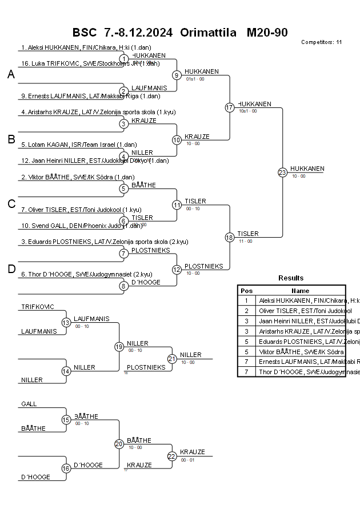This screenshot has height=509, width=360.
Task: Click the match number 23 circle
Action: tap(282, 172)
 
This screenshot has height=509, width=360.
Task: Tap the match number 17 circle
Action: tap(230, 107)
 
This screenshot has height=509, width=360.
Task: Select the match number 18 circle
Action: tap(230, 237)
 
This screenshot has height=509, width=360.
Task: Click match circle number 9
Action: tap(177, 75)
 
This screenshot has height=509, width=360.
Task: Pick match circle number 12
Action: tap(177, 269)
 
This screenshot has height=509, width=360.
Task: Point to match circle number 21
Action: tap(172, 358)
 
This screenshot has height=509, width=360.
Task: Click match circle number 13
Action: tap(66, 322)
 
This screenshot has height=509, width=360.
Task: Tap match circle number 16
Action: tap(66, 468)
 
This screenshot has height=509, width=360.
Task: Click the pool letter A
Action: tap(11, 74)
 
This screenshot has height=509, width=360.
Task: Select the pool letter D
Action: tap(11, 269)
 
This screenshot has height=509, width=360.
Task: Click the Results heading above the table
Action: tap(291, 278)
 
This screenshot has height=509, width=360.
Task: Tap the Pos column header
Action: tap(246, 290)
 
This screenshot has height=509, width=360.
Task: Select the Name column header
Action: tap(300, 290)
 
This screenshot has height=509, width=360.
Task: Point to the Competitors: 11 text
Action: tap(321, 42)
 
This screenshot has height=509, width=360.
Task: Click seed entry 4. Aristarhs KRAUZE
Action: tap(98, 112)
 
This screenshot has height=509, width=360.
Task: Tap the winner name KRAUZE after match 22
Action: tap(193, 452)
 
